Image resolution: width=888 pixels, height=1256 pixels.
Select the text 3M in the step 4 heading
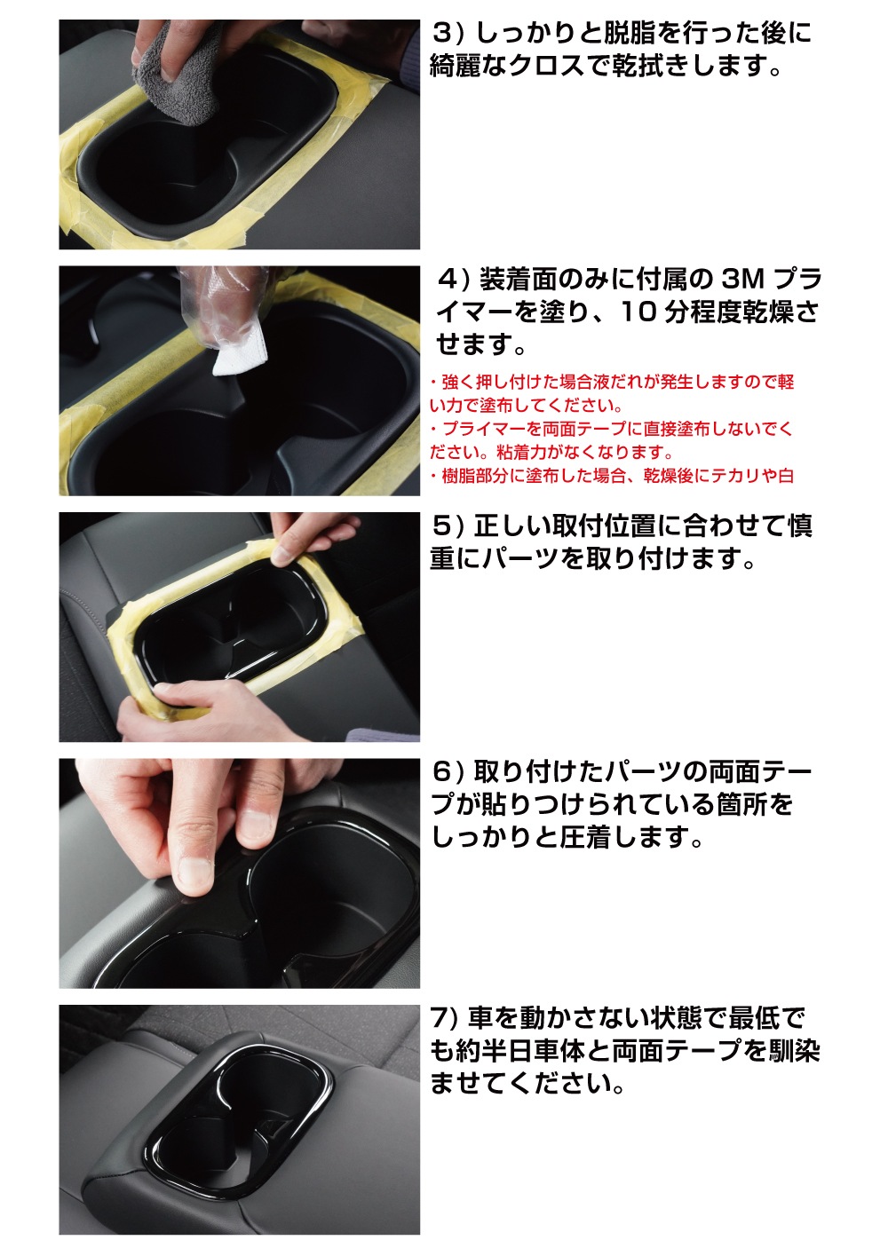(x=742, y=279)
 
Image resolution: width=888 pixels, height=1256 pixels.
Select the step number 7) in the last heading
(x=444, y=1017)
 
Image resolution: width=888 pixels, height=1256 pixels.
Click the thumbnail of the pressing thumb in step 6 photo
(x=192, y=873)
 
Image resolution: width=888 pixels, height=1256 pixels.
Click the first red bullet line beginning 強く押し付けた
(x=613, y=383)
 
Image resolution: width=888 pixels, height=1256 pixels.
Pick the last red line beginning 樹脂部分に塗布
(x=613, y=476)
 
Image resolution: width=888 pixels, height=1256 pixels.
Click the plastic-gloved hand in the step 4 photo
(x=213, y=302)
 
